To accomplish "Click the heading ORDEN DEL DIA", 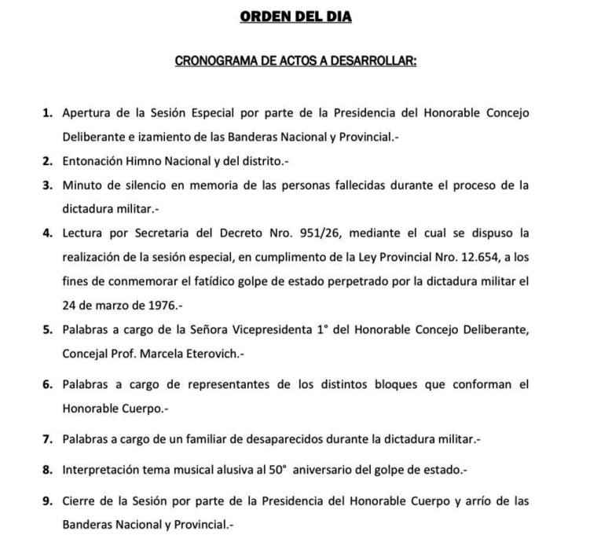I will [295, 16].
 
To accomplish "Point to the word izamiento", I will [149, 136].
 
